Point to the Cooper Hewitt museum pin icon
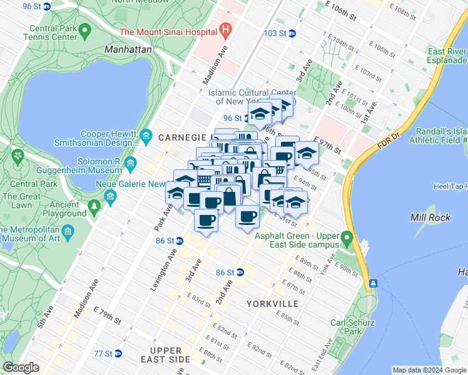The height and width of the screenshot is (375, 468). click(x=146, y=136)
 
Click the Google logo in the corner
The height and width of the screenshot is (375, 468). click(x=21, y=367)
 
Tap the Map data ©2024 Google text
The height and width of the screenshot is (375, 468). click(x=429, y=370)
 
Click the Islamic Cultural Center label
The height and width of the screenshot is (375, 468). click(x=252, y=97)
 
